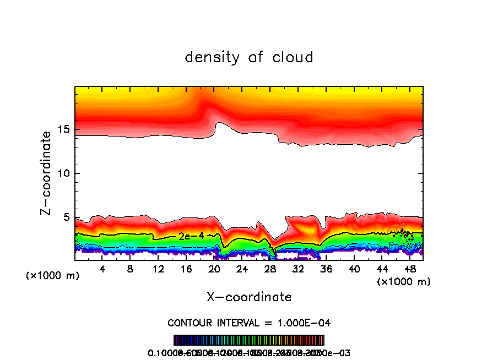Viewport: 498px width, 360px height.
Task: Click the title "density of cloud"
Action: pyautogui.click(x=249, y=57)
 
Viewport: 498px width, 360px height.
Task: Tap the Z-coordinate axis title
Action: pyautogui.click(x=47, y=172)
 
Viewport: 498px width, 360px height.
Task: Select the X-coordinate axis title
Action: pyautogui.click(x=249, y=297)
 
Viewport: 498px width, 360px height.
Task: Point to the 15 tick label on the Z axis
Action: pyautogui.click(x=64, y=130)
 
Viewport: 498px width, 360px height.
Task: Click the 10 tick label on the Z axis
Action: pyautogui.click(x=64, y=173)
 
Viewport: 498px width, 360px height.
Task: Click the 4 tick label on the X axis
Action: pyautogui.click(x=102, y=269)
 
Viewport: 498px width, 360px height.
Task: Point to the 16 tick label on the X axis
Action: pyautogui.click(x=186, y=269)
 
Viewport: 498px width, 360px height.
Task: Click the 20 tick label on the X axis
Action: pyautogui.click(x=214, y=269)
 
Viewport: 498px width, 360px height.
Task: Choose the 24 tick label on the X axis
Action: pyautogui.click(x=242, y=269)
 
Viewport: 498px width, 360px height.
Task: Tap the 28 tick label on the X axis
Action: pyautogui.click(x=270, y=269)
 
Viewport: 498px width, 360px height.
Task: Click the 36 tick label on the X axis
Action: pyautogui.click(x=326, y=269)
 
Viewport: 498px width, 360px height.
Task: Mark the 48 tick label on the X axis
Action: pyautogui.click(x=409, y=269)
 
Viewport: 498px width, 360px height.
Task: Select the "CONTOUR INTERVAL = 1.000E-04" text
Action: pyautogui.click(x=249, y=323)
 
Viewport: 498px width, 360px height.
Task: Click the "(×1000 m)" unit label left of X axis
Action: pyautogui.click(x=52, y=275)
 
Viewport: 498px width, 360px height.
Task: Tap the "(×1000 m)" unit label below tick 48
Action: pyautogui.click(x=404, y=282)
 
